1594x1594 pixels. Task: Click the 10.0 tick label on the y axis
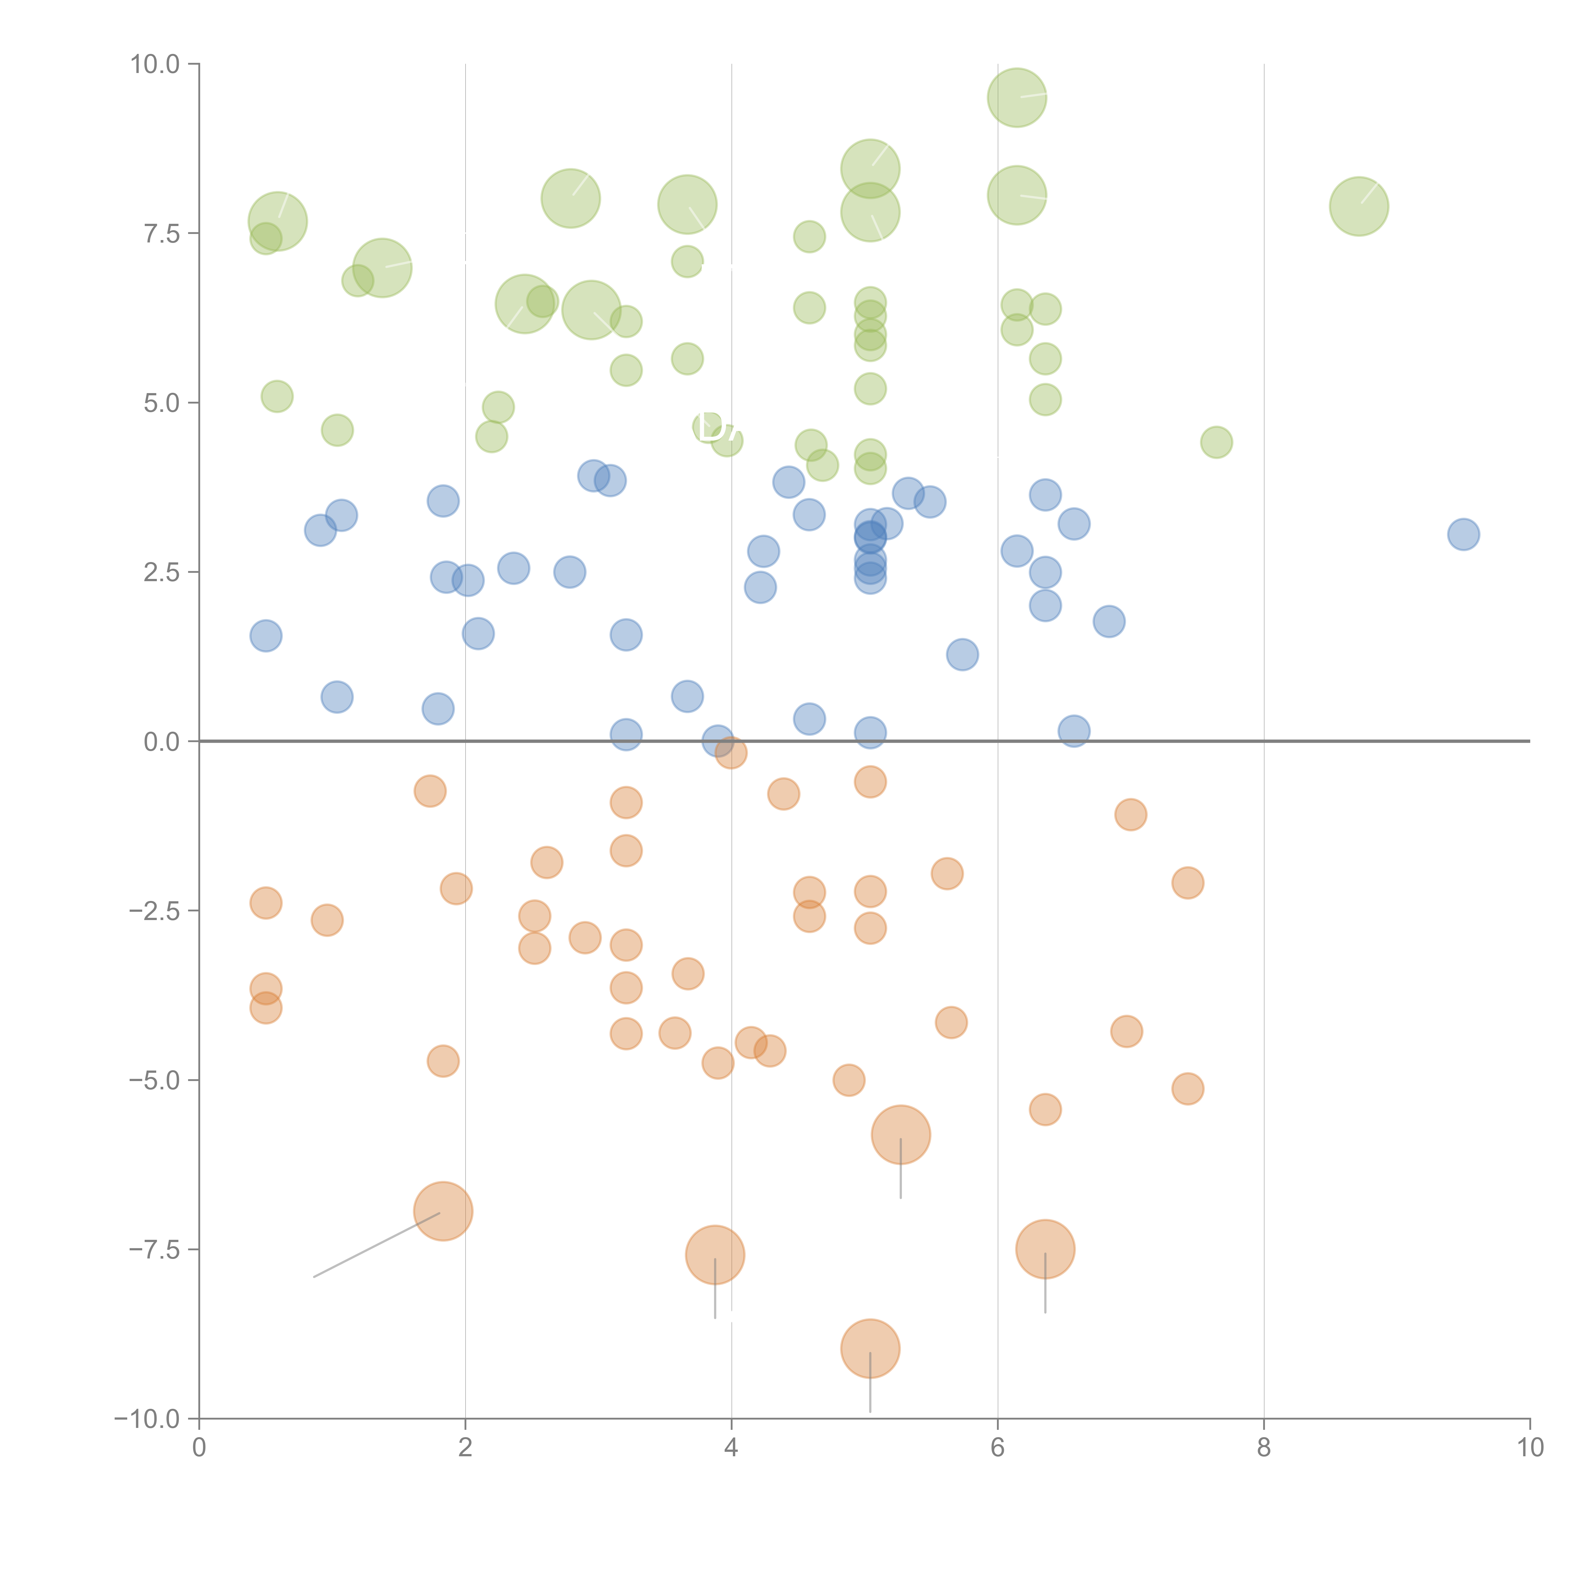155,64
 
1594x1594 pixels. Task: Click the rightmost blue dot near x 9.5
1463,535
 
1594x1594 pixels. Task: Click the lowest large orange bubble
870,1349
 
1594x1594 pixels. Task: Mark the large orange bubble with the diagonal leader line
443,1211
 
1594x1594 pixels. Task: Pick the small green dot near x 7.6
1216,442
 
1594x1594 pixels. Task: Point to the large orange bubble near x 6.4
1045,1249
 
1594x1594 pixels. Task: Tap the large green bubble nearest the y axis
278,221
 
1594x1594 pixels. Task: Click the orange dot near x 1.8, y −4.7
443,1061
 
